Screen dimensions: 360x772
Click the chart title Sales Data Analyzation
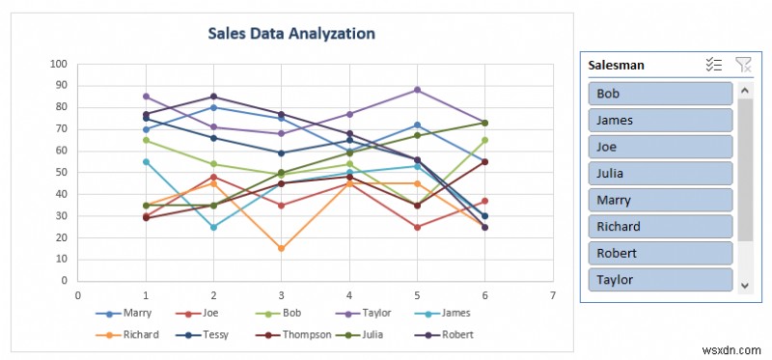[x=291, y=33]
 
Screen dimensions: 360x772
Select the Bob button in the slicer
[x=659, y=94]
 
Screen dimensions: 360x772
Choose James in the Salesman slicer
[x=659, y=120]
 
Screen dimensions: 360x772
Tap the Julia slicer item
[x=659, y=174]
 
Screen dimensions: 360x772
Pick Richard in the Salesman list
[x=659, y=227]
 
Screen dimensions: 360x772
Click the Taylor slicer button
[x=659, y=280]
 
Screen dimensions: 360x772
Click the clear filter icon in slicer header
[x=742, y=65]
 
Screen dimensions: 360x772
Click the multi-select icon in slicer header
[x=714, y=65]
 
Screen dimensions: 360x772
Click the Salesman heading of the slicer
[x=618, y=65]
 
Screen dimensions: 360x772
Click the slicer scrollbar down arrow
[x=744, y=286]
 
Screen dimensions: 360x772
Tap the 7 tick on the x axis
[x=552, y=295]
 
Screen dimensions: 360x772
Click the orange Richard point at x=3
[x=281, y=248]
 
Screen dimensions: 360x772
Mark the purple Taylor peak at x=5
[x=417, y=90]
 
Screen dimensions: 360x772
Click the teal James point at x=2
[x=213, y=227]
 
